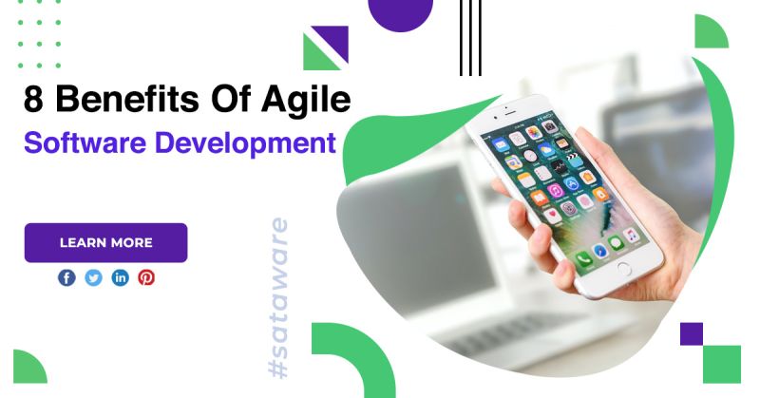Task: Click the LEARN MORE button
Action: coord(105,242)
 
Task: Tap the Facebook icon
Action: coord(66,277)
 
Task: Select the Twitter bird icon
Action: coord(93,277)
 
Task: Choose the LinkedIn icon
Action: coord(120,277)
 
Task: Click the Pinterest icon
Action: coord(146,277)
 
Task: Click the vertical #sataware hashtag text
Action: coord(279,298)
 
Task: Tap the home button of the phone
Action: coord(623,269)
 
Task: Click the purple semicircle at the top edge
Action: coord(400,11)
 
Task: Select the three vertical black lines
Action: coord(470,37)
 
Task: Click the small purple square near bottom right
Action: coord(692,333)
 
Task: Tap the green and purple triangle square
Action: coord(325,47)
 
